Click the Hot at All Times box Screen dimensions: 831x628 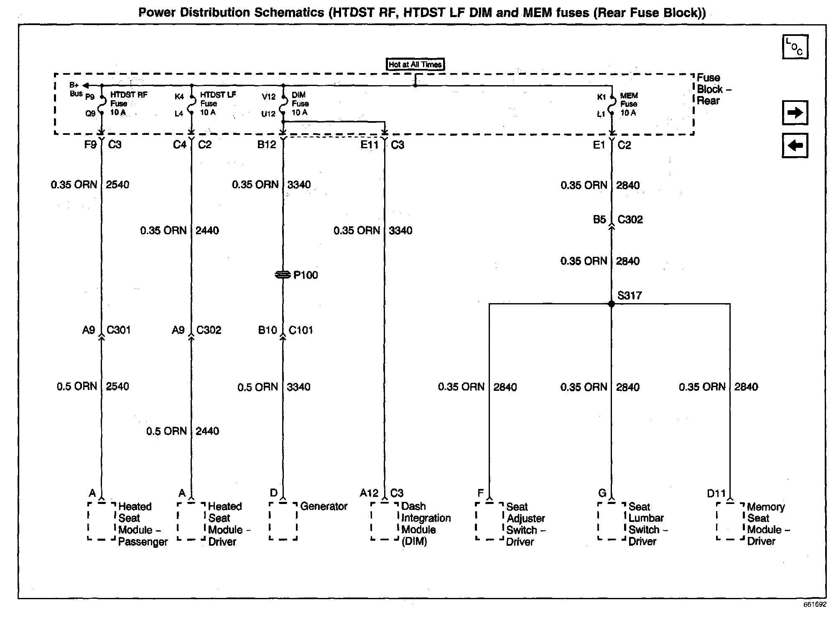(415, 64)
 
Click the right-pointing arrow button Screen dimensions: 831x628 (795, 112)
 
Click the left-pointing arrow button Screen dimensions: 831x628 (795, 145)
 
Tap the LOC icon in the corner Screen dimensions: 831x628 (795, 47)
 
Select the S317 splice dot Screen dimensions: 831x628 (611, 304)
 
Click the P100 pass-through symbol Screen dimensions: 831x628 (283, 275)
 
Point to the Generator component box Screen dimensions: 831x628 (283, 521)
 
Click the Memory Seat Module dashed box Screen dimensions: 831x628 (730, 521)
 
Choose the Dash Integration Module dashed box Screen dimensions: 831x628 (385, 521)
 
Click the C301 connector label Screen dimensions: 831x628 (119, 330)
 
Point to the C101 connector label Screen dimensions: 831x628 (301, 330)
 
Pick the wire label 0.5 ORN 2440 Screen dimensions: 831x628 (183, 431)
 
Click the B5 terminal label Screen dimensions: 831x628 (599, 220)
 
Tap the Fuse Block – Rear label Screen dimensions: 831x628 (714, 89)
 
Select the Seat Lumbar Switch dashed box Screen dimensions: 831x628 (612, 521)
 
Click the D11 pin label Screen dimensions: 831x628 (716, 493)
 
